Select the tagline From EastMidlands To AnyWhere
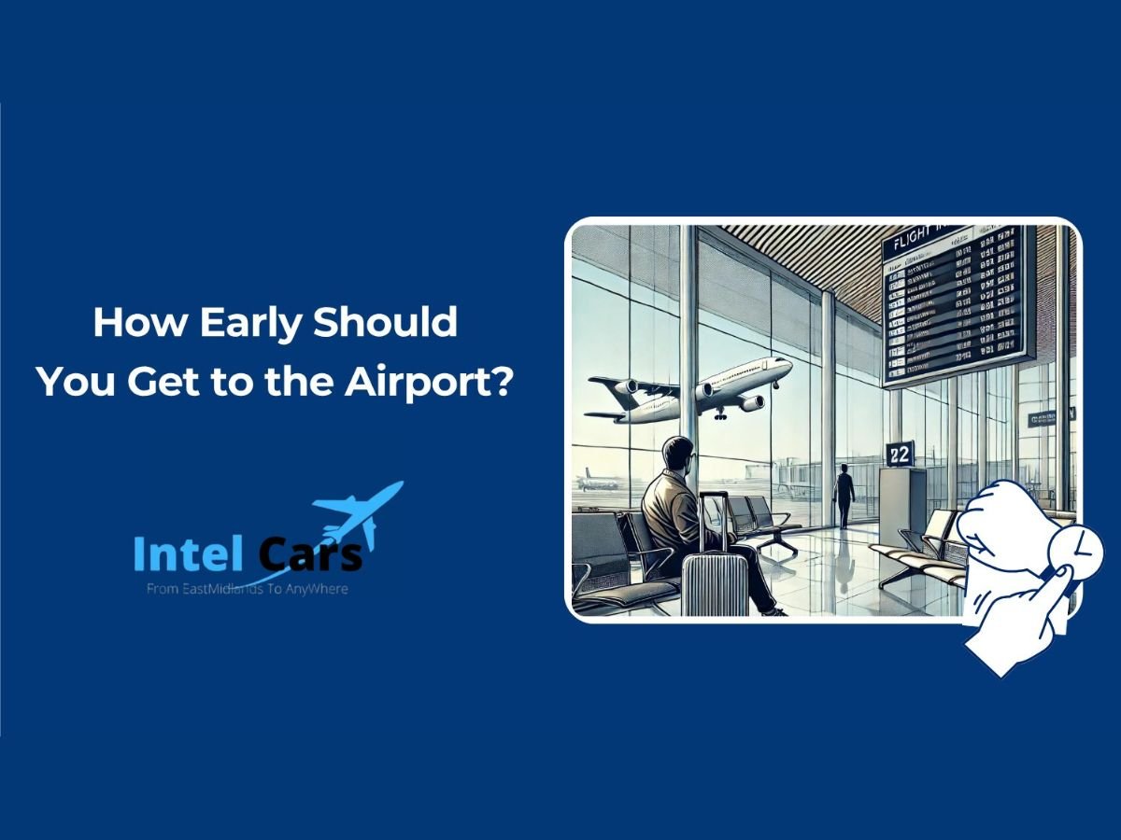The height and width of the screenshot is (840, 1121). pyautogui.click(x=248, y=589)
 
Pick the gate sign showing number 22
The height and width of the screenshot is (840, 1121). pyautogui.click(x=900, y=454)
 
